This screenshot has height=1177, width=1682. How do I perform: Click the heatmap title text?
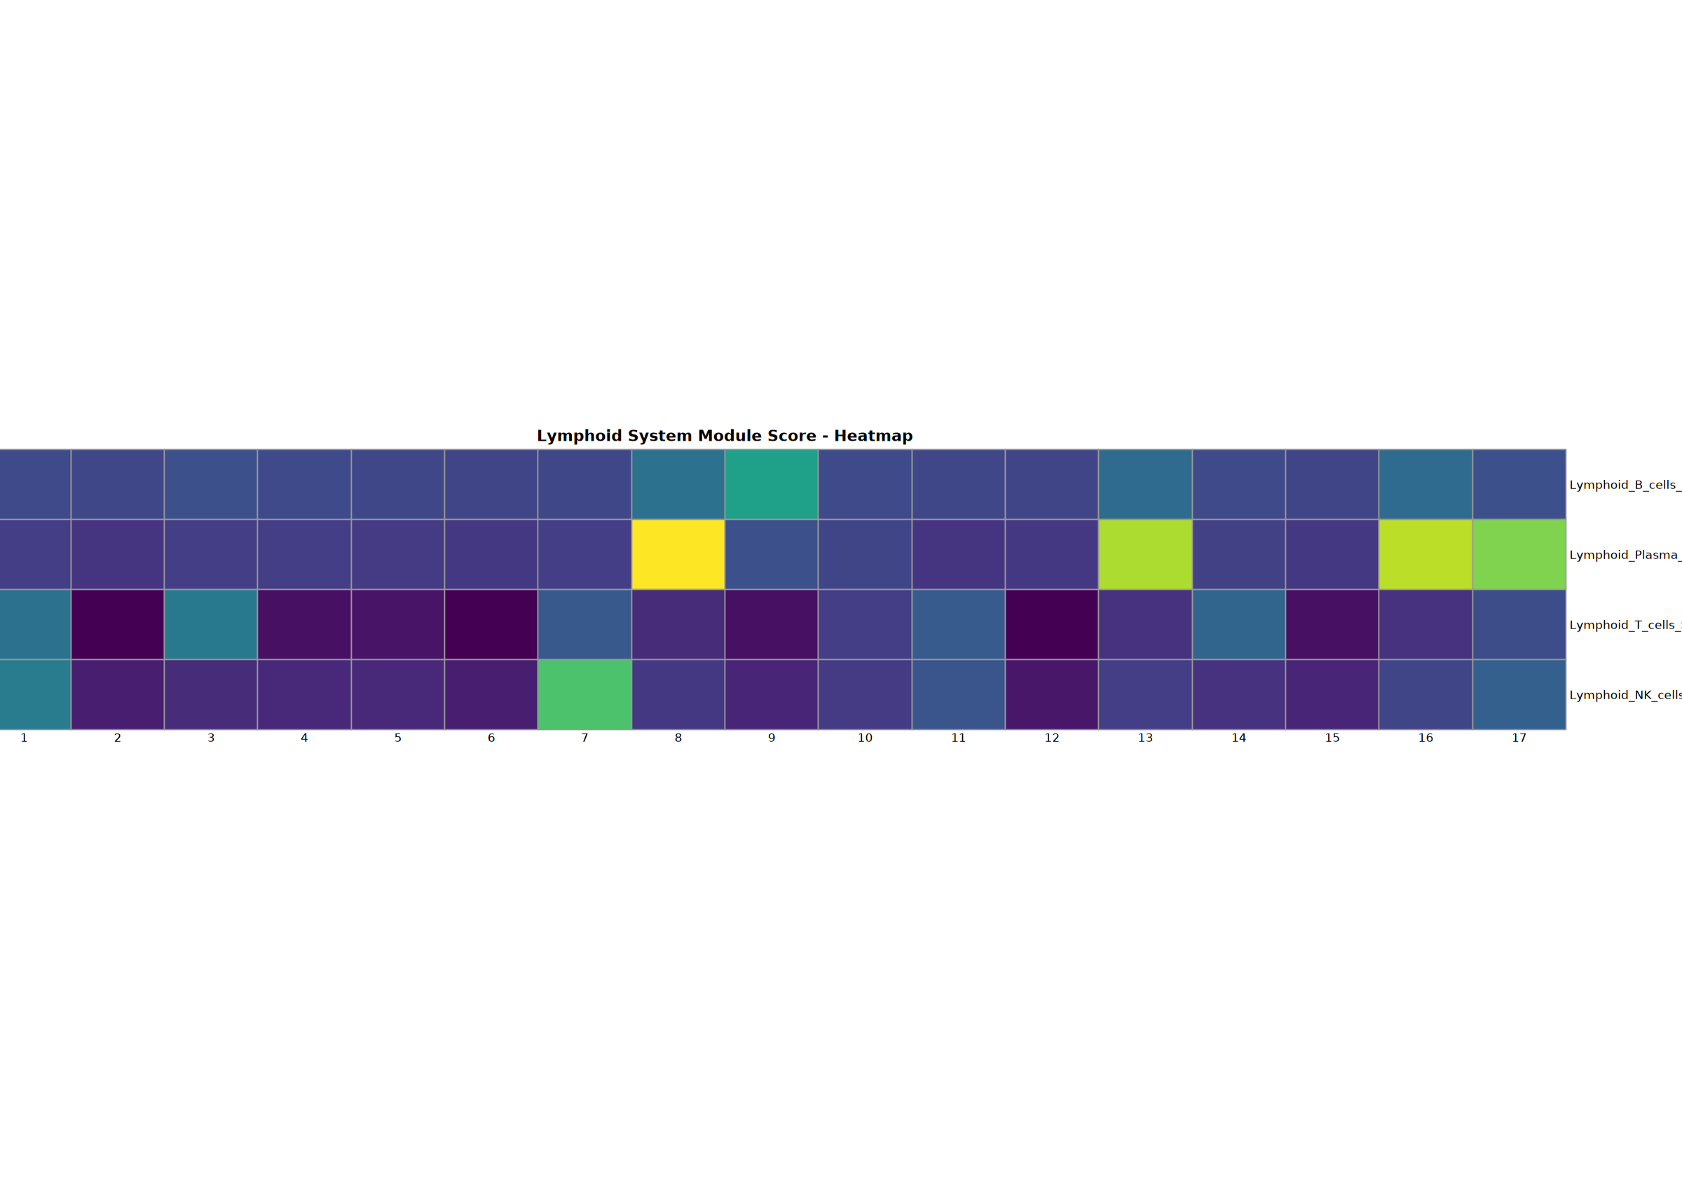point(725,436)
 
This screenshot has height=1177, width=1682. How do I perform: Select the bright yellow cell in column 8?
point(678,554)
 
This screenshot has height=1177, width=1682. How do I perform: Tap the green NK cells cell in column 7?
point(584,694)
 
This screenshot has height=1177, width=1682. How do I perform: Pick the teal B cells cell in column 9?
point(772,484)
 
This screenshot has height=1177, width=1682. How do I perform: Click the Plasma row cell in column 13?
point(1145,554)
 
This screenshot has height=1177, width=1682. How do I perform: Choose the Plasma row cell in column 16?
point(1425,554)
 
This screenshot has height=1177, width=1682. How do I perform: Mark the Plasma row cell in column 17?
point(1519,554)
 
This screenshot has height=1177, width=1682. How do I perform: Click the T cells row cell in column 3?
point(211,624)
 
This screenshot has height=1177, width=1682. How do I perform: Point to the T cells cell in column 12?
point(1051,624)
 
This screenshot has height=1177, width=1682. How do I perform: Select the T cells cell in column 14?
point(1239,624)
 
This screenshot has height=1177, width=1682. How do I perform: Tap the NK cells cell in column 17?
point(1519,694)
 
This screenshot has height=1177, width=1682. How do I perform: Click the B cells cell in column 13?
point(1145,484)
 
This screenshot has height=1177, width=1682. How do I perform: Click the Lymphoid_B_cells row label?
point(1625,485)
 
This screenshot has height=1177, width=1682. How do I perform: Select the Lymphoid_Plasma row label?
point(1625,555)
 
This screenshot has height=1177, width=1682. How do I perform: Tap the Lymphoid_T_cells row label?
point(1625,625)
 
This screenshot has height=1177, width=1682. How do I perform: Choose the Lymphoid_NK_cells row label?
point(1625,695)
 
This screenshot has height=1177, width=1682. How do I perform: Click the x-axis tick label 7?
point(584,738)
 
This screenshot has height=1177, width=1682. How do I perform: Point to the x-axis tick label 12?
point(1051,738)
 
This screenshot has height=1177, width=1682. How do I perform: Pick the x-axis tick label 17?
point(1519,738)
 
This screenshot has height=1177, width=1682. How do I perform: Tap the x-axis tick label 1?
point(24,738)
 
